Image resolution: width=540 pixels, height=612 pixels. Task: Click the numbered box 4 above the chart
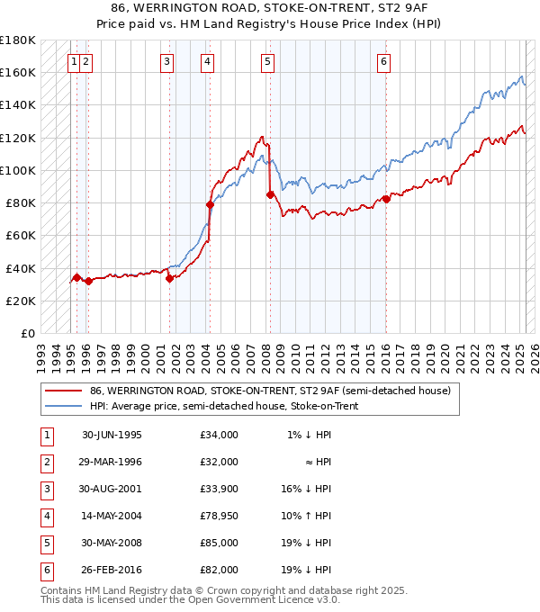pyautogui.click(x=207, y=62)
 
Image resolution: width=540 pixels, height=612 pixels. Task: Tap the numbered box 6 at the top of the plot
pyautogui.click(x=383, y=62)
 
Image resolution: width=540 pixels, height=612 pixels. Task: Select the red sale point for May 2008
pyautogui.click(x=270, y=194)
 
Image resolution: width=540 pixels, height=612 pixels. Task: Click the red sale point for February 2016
pyautogui.click(x=386, y=199)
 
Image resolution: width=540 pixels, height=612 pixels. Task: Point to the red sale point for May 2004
pyautogui.click(x=210, y=204)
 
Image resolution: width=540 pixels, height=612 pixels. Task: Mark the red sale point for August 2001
pyautogui.click(x=169, y=278)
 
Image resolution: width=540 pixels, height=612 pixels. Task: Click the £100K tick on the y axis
pyautogui.click(x=18, y=170)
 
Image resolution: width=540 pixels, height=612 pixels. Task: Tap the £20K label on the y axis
pyautogui.click(x=21, y=301)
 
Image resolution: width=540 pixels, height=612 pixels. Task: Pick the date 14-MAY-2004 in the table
pyautogui.click(x=112, y=517)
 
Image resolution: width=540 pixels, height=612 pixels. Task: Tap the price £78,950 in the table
pyautogui.click(x=220, y=517)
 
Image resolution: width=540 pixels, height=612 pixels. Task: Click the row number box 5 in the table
pyautogui.click(x=46, y=544)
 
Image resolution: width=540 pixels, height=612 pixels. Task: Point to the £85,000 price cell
pyautogui.click(x=220, y=544)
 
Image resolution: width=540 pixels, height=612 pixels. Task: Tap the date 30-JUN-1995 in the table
pyautogui.click(x=112, y=436)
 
